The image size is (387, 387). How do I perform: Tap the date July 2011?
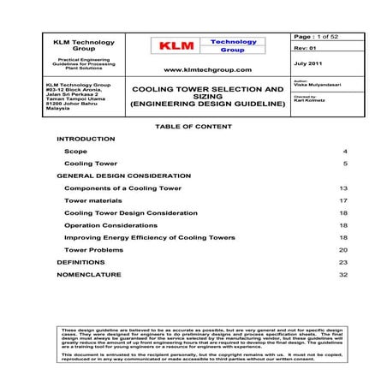pos(307,63)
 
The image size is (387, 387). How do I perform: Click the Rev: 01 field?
pos(304,49)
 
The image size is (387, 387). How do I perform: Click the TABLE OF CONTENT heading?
pos(193,127)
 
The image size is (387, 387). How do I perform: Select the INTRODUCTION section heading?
pos(85,138)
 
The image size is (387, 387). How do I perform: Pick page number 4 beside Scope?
pos(345,151)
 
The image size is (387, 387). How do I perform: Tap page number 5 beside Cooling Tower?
pos(345,163)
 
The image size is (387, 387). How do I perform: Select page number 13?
pos(342,188)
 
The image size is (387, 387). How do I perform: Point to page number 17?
pos(342,199)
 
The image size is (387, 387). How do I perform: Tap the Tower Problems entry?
pos(93,249)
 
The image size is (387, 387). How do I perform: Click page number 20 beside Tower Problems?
pos(342,249)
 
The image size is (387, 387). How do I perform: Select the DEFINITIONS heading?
pos(80,262)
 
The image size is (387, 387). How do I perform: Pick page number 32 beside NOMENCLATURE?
pos(342,274)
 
